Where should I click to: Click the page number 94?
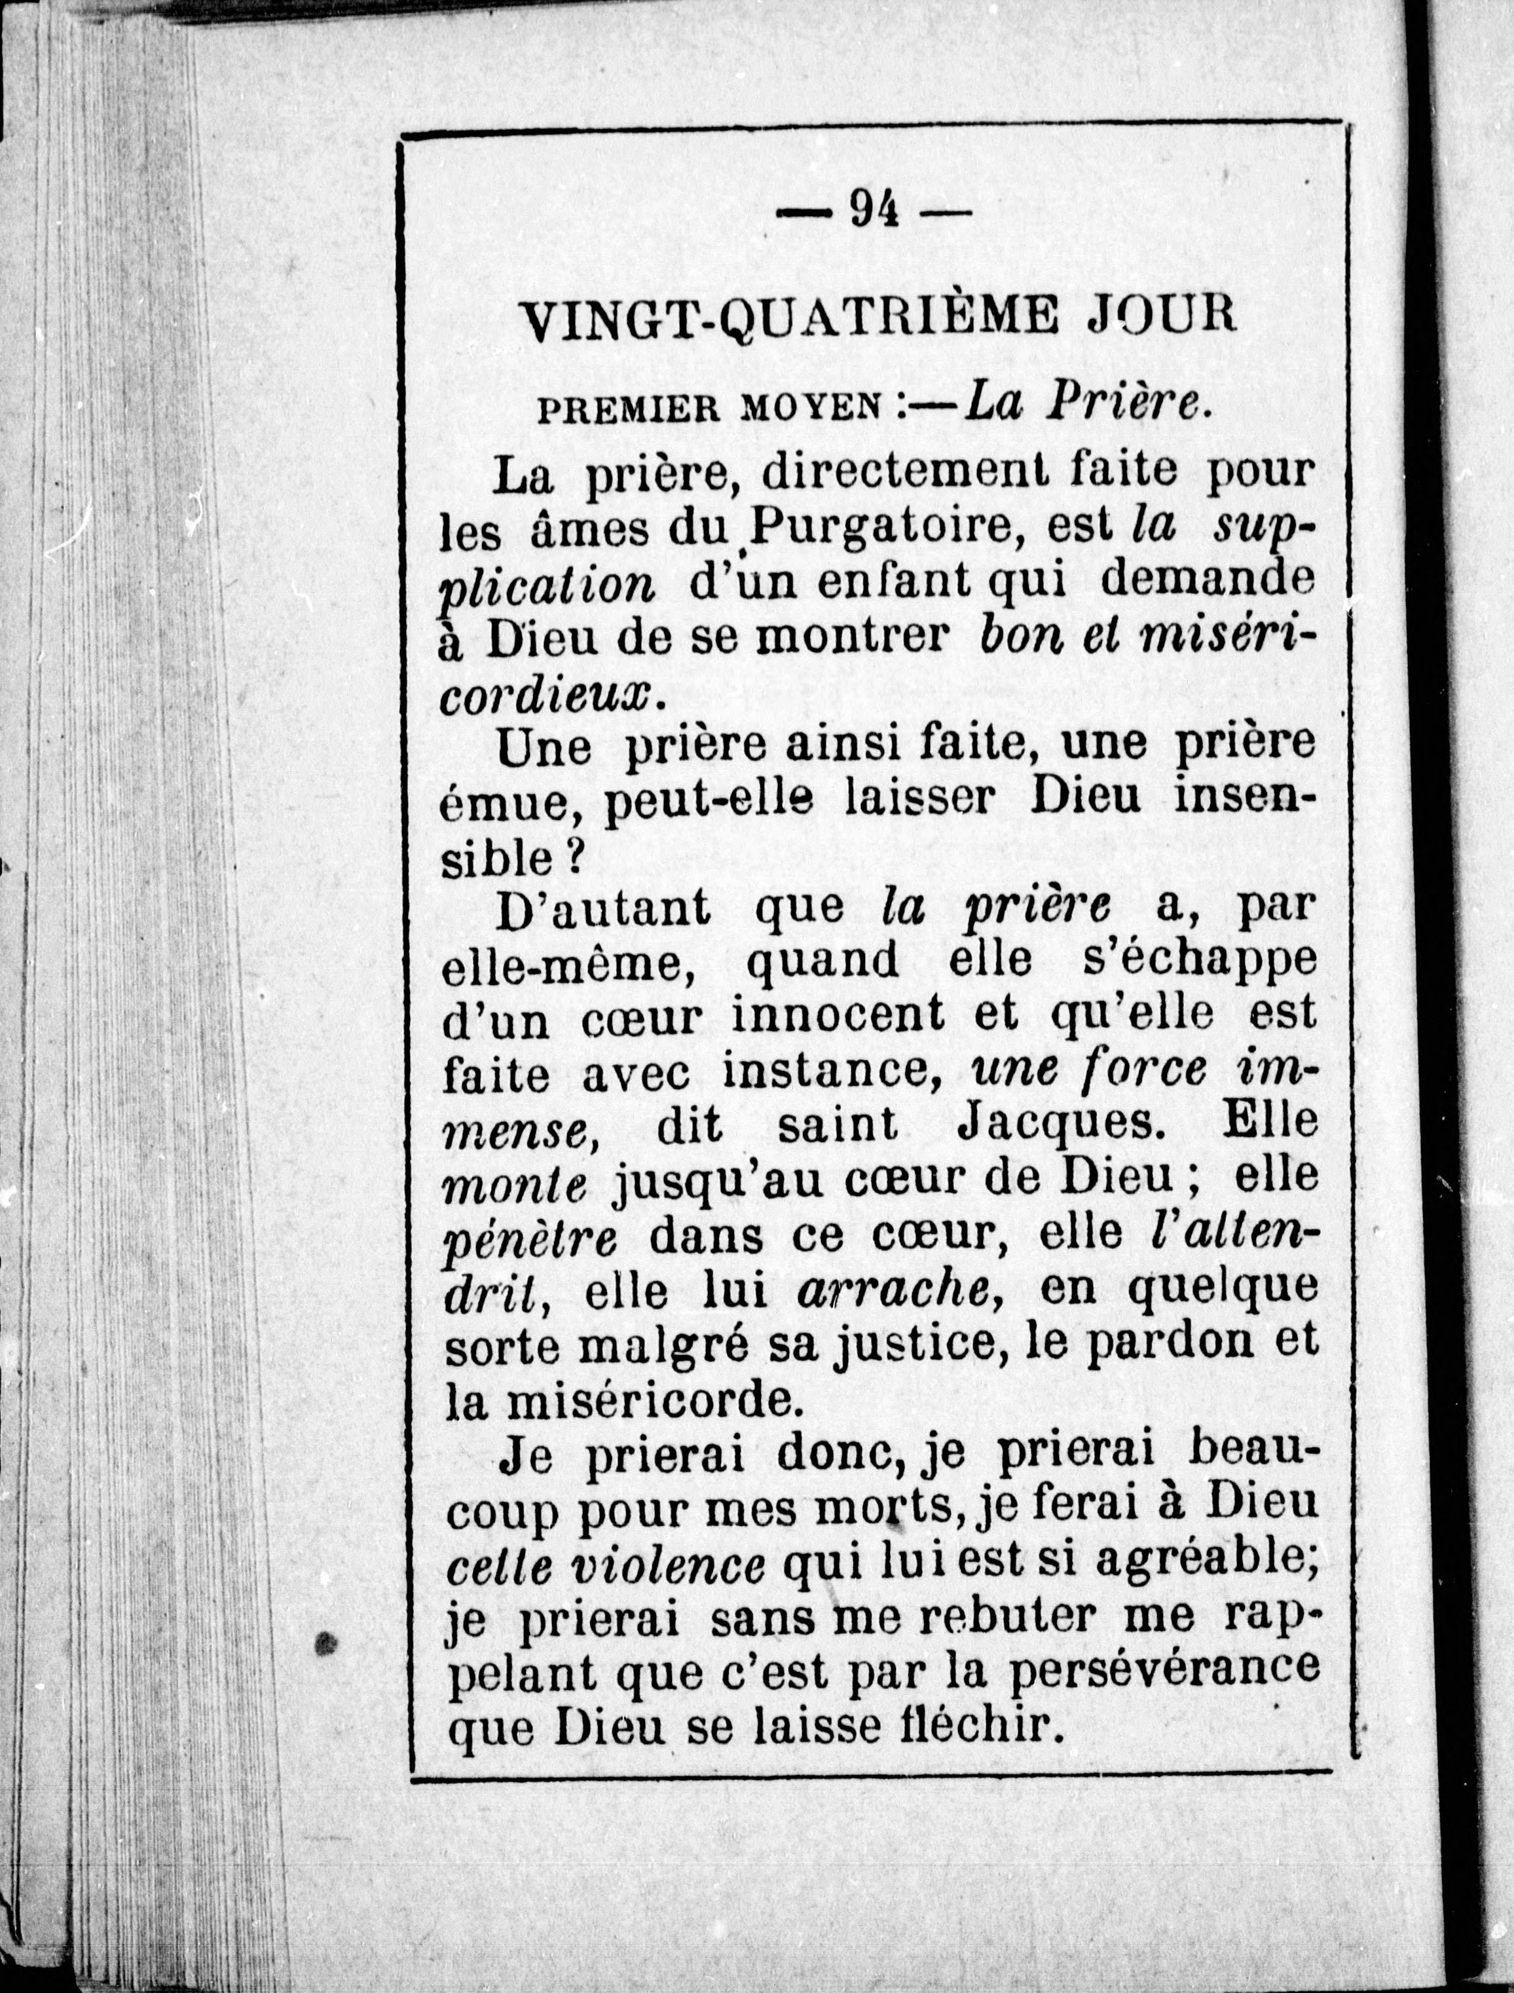click(874, 210)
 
